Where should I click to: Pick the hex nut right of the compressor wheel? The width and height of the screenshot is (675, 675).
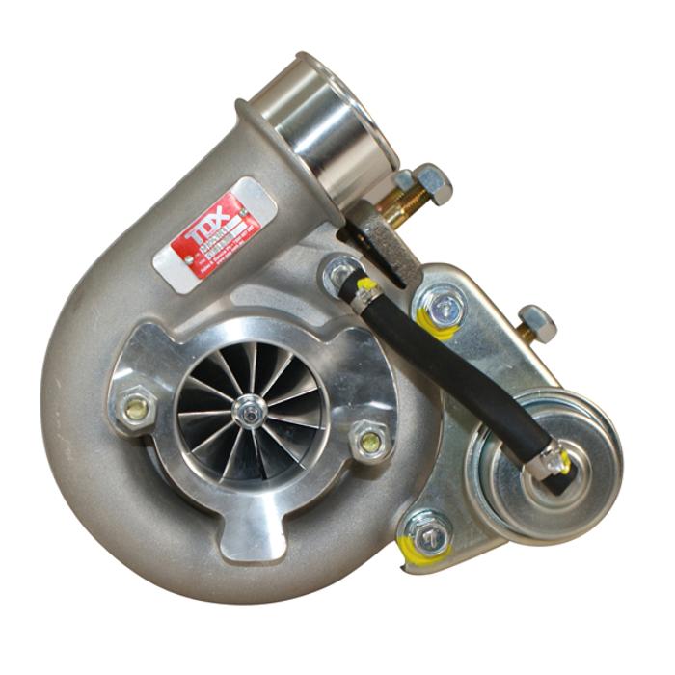(369, 442)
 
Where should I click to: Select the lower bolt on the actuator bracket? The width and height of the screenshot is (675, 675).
(430, 532)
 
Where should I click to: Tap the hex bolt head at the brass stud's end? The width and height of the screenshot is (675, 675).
(432, 182)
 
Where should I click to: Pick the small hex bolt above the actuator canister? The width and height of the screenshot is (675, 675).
(536, 322)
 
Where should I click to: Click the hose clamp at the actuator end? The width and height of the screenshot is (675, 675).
(553, 462)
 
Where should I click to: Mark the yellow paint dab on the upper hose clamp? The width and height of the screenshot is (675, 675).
(365, 285)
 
